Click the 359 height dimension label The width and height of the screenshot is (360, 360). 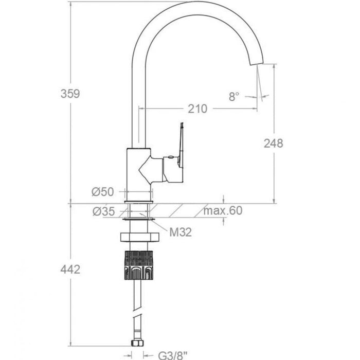pos(70,94)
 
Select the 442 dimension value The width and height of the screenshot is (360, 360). pos(70,269)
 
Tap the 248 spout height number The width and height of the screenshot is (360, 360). pos(274,143)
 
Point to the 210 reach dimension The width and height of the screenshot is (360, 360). pos(197,109)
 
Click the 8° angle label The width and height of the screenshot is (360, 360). pos(234,97)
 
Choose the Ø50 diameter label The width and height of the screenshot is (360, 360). pos(103,192)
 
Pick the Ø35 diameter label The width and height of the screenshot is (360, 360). pos(103,211)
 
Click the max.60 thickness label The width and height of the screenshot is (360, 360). pos(223,210)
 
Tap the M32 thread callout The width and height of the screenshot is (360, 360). pos(181,232)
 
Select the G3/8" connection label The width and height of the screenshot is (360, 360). pos(173,355)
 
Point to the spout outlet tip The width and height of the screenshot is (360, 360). pos(257,63)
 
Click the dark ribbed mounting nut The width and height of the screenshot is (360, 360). pos(138,265)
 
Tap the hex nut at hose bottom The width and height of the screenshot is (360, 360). pos(137,343)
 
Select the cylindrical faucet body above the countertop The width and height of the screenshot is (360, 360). pos(139,174)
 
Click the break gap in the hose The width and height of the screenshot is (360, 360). pos(137,313)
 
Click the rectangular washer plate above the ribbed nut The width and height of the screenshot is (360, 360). pos(139,237)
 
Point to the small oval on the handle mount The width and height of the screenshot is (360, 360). pos(171,157)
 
